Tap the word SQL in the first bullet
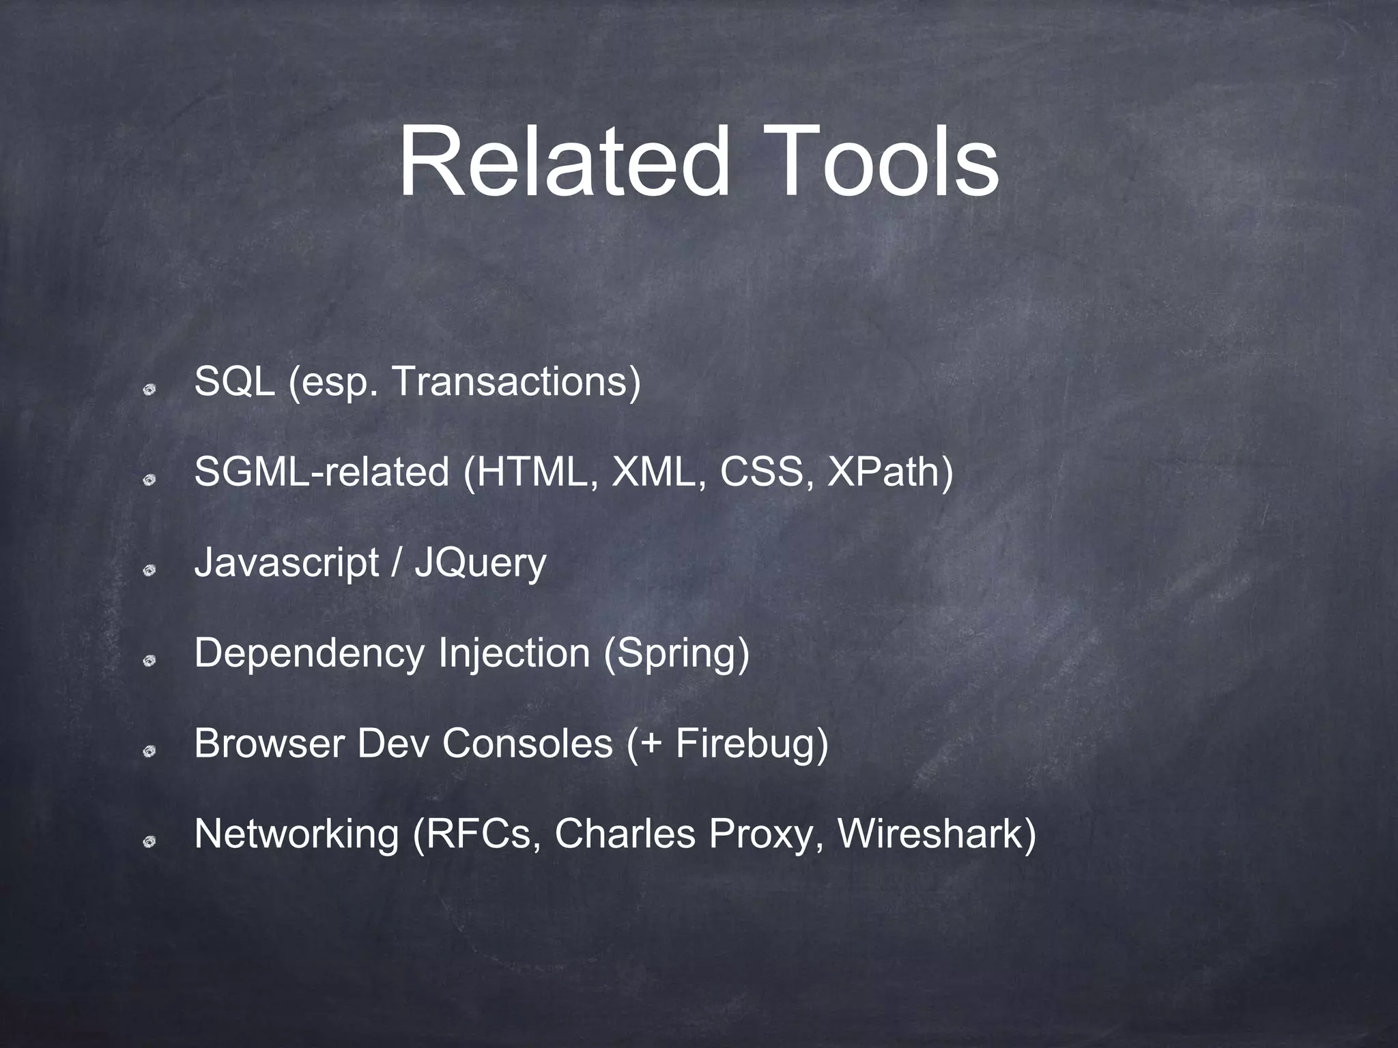pos(235,381)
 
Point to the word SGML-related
pos(322,472)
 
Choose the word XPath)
pos(890,472)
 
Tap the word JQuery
pos(481,564)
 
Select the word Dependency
pos(309,653)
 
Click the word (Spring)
pos(676,653)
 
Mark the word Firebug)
pos(752,743)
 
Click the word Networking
pos(296,834)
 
